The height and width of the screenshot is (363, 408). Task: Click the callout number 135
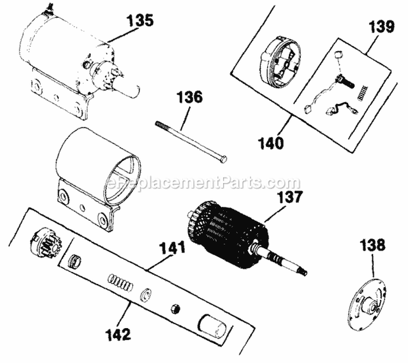pos(140,21)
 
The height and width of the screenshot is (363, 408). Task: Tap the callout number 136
pos(189,98)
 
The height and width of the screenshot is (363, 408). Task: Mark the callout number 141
pos(171,249)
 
